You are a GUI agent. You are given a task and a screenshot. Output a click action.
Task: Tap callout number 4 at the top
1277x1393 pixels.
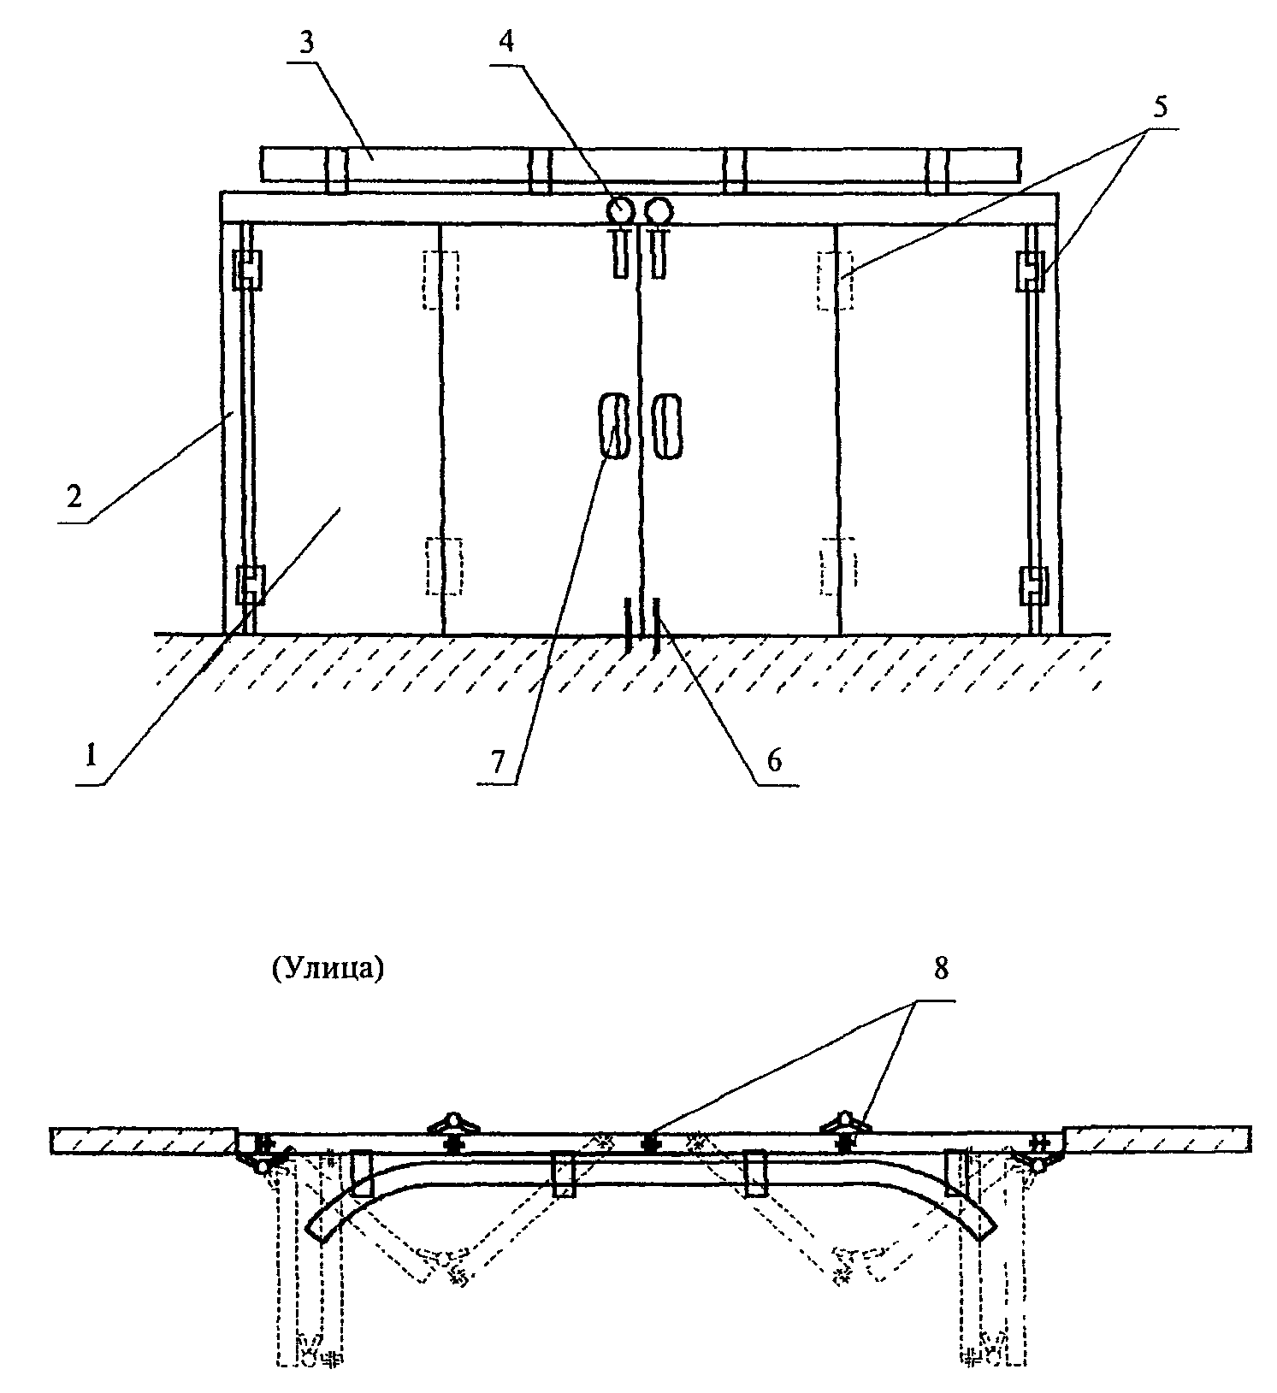[x=507, y=43]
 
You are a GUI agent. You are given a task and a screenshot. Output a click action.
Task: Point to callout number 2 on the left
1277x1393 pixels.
[x=75, y=496]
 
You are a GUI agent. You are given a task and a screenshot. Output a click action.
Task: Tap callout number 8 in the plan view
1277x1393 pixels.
[x=941, y=969]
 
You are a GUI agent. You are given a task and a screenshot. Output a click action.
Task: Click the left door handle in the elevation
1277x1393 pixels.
[x=614, y=426]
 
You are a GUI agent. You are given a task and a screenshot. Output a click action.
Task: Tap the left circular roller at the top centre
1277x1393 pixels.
[x=622, y=209]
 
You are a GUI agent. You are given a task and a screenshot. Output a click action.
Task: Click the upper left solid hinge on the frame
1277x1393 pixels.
[x=248, y=270]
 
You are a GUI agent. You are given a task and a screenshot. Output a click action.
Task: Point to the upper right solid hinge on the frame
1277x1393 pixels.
[x=1031, y=270]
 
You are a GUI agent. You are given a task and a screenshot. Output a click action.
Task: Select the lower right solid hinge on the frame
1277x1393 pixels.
[x=1033, y=585]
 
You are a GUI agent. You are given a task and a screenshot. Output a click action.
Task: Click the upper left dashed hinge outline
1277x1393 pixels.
[x=441, y=280]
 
